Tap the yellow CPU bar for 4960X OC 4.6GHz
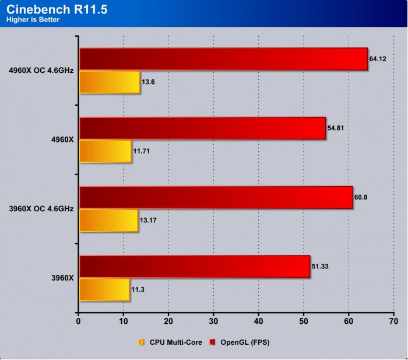click(109, 82)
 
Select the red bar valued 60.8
click(216, 197)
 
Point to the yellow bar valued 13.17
click(108, 220)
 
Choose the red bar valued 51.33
click(194, 266)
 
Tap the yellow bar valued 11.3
click(104, 289)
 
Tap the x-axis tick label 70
click(393, 320)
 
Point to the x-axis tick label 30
click(213, 320)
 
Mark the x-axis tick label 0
click(78, 320)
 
